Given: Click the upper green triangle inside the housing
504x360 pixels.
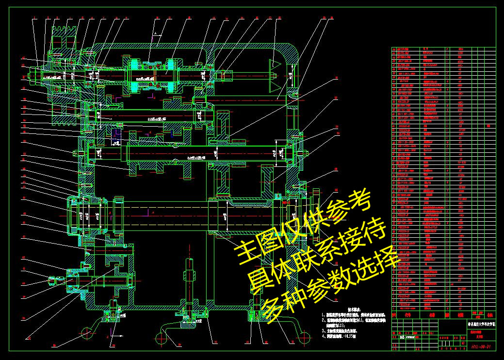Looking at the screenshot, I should click(x=275, y=63).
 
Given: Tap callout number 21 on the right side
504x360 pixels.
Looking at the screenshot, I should click(x=337, y=78).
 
